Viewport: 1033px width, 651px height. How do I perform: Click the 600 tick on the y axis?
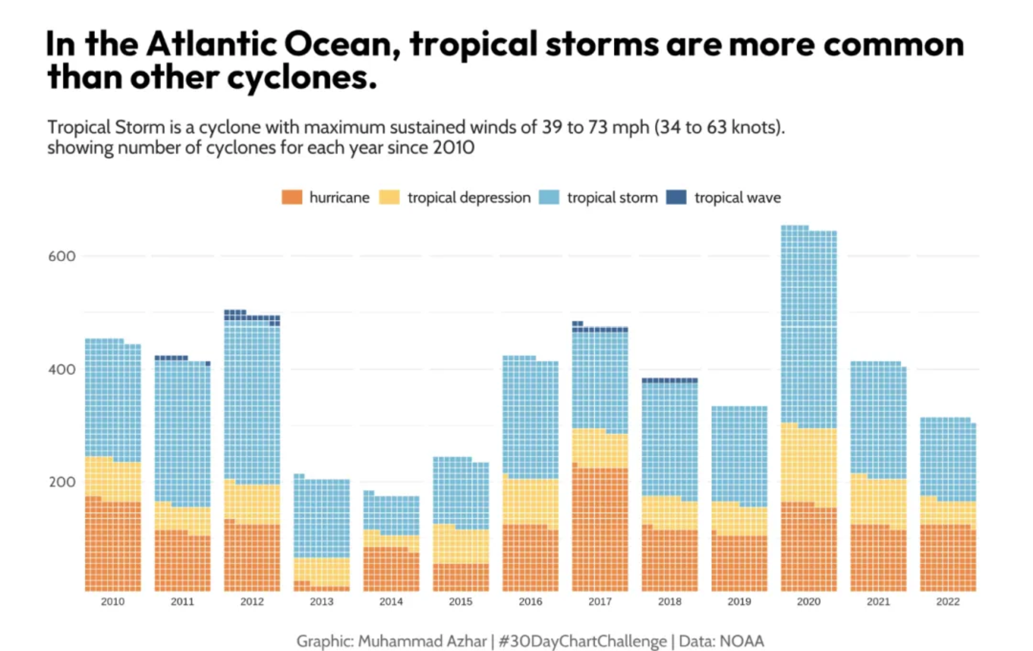[62, 256]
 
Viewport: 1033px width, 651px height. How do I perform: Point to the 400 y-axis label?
[62, 369]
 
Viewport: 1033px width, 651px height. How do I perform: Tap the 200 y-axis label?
[62, 482]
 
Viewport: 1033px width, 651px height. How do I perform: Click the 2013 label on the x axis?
[321, 602]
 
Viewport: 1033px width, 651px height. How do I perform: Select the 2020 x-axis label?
[808, 602]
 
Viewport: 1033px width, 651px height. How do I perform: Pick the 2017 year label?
[599, 602]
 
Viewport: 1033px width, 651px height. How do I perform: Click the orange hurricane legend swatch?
[292, 198]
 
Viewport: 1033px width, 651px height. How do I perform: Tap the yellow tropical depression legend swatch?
[390, 198]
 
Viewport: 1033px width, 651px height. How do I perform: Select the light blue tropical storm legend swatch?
[549, 198]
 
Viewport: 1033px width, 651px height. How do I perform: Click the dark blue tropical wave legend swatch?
[676, 198]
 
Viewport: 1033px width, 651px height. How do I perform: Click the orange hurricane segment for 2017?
[599, 528]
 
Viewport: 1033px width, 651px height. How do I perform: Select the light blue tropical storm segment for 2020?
[808, 325]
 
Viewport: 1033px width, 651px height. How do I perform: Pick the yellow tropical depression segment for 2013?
[321, 571]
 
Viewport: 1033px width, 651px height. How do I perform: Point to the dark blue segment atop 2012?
[252, 317]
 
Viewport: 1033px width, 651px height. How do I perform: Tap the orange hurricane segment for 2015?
[460, 577]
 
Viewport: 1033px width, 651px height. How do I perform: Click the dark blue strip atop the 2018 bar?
[670, 381]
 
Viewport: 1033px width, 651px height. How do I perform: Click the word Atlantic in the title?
[211, 44]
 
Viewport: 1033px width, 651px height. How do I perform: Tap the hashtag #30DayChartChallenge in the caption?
[582, 641]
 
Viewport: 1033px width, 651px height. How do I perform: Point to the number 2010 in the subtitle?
[453, 148]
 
